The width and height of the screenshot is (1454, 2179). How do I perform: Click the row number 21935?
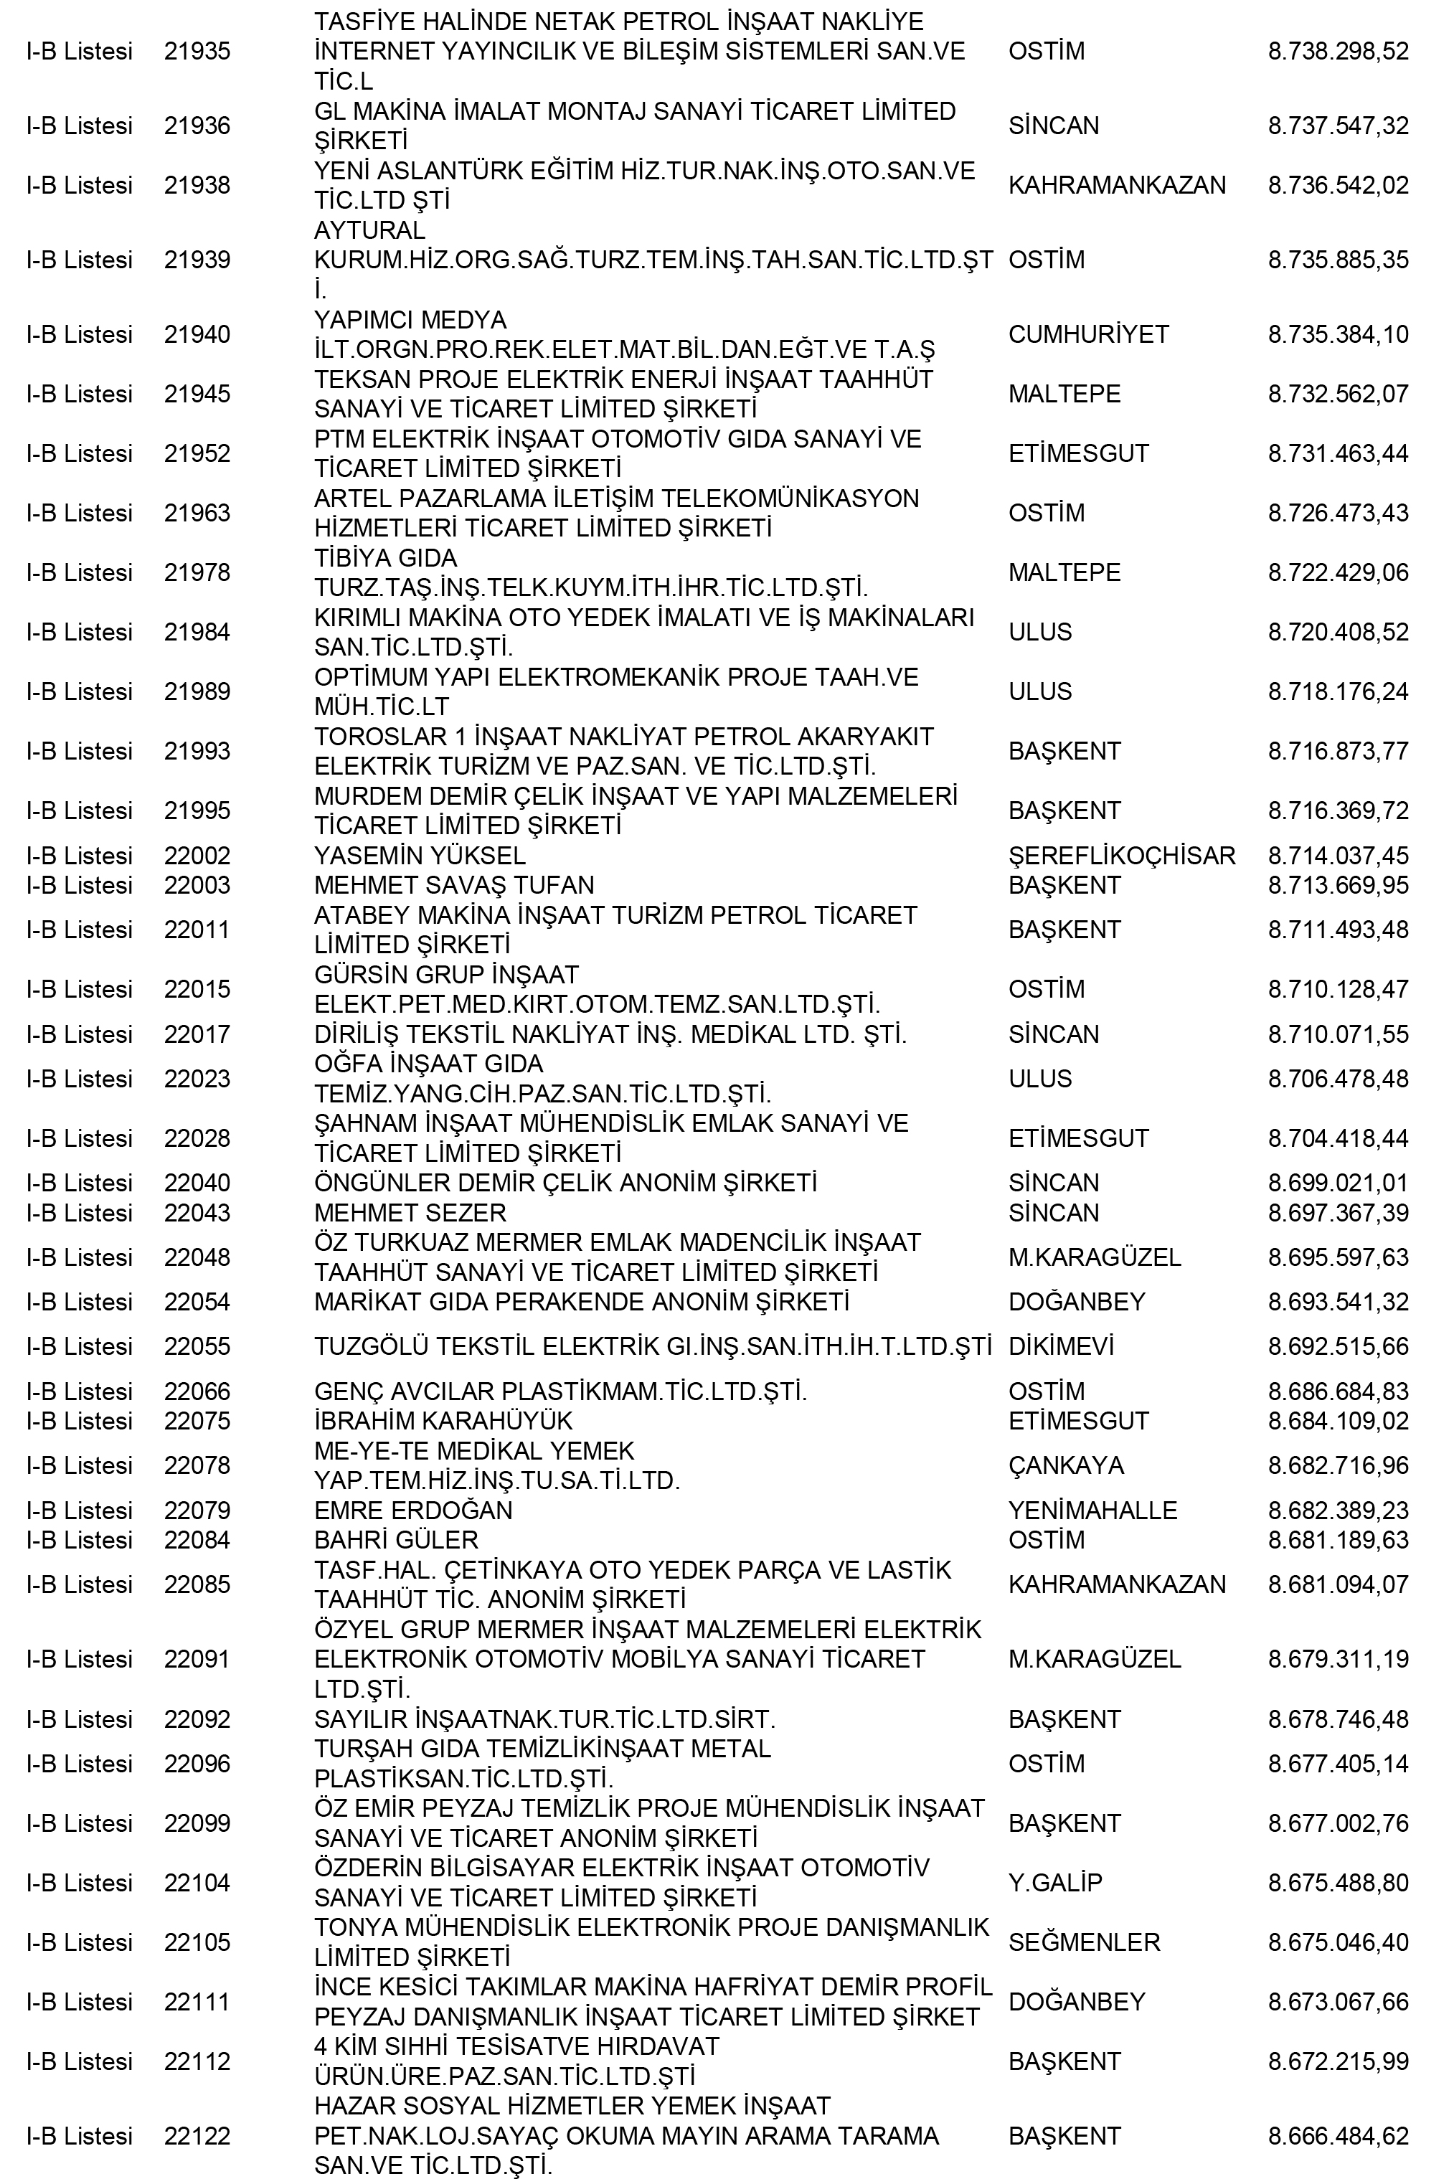pyautogui.click(x=197, y=51)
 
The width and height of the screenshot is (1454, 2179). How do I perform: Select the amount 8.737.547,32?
pyautogui.click(x=1337, y=126)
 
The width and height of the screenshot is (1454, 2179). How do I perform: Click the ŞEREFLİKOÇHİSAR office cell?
pyautogui.click(x=1121, y=855)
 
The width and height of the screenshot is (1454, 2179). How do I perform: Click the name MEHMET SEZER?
pyautogui.click(x=410, y=1212)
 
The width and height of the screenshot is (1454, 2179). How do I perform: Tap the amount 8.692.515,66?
pyautogui.click(x=1337, y=1346)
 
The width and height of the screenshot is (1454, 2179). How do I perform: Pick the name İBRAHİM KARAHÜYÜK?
pyautogui.click(x=443, y=1421)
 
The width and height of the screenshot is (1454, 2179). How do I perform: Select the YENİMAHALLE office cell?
pyautogui.click(x=1092, y=1511)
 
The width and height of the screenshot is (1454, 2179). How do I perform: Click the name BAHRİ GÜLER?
pyautogui.click(x=396, y=1540)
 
